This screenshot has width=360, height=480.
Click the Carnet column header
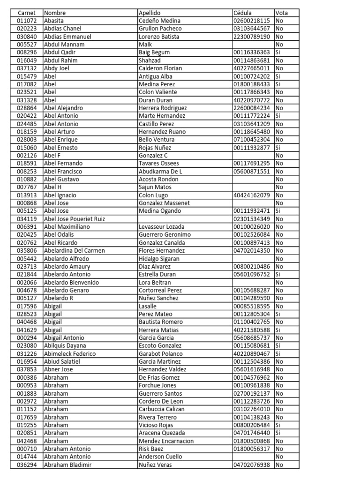point(26,13)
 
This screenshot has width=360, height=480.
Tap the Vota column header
point(282,13)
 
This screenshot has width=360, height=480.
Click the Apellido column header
point(150,13)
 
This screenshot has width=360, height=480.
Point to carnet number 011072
point(26,21)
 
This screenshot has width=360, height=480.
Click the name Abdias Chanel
point(62,29)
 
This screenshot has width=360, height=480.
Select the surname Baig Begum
point(154,52)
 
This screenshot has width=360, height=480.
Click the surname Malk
point(145,45)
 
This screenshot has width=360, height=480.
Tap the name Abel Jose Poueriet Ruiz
point(74,219)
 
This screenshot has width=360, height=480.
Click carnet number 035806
point(26,251)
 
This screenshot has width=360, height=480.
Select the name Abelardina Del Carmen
point(74,251)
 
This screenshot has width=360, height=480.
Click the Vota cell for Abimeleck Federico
point(279,354)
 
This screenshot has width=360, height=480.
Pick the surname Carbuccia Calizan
point(162,409)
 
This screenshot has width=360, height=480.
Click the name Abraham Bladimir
point(67,465)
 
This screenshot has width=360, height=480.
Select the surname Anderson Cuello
point(160,457)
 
